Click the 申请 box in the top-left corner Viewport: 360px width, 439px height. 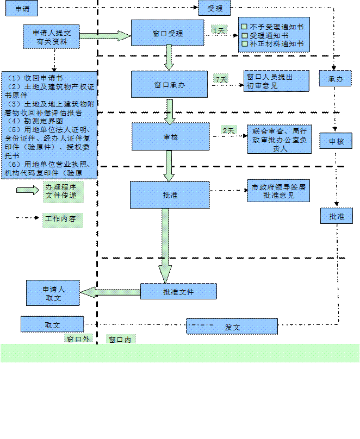click(x=22, y=8)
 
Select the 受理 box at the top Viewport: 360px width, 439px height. click(x=215, y=8)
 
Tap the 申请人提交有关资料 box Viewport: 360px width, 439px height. click(x=51, y=37)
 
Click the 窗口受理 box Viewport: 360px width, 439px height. click(x=167, y=33)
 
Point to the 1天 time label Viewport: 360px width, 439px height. click(x=219, y=30)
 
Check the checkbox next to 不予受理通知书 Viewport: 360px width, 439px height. click(x=244, y=27)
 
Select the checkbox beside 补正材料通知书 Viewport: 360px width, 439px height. click(x=244, y=43)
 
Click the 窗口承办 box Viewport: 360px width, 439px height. click(x=170, y=84)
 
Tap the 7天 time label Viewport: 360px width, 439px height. click(x=221, y=79)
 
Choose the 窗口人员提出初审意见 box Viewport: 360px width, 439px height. click(x=276, y=81)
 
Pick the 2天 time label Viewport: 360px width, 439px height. click(x=228, y=130)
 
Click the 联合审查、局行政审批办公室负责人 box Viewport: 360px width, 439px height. click(x=280, y=139)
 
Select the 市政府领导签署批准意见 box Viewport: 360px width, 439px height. click(x=278, y=191)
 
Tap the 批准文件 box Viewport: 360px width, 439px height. click(x=178, y=291)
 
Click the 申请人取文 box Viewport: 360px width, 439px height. click(x=53, y=293)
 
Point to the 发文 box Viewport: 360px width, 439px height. click(x=232, y=327)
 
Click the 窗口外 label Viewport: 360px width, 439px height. click(x=78, y=339)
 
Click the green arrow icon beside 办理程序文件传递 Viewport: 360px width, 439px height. click(x=27, y=190)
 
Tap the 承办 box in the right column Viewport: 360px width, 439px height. click(x=335, y=78)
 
